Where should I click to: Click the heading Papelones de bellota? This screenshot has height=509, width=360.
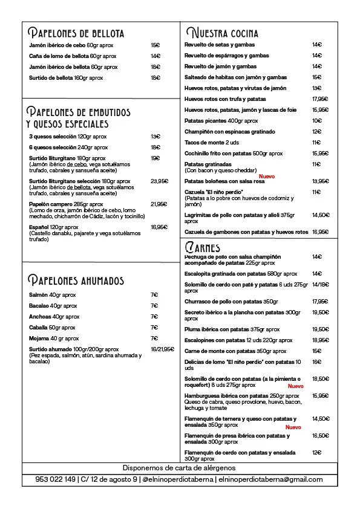77,33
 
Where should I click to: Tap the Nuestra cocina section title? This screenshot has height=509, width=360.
222,33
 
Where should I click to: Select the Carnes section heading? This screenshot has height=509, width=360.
203,247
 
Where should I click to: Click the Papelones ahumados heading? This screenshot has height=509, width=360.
76,280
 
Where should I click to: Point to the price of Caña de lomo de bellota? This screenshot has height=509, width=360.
155,56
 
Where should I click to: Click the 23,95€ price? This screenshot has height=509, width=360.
159,181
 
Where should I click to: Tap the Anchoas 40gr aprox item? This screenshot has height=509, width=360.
54,317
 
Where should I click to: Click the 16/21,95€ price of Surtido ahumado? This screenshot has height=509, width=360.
163,349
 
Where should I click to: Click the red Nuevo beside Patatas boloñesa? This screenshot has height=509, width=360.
267,177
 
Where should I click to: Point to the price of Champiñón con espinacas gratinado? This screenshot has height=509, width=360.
316,132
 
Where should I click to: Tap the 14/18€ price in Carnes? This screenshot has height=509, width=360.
321,285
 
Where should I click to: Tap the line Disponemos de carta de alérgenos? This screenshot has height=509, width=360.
179,468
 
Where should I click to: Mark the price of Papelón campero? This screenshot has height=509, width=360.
159,204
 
